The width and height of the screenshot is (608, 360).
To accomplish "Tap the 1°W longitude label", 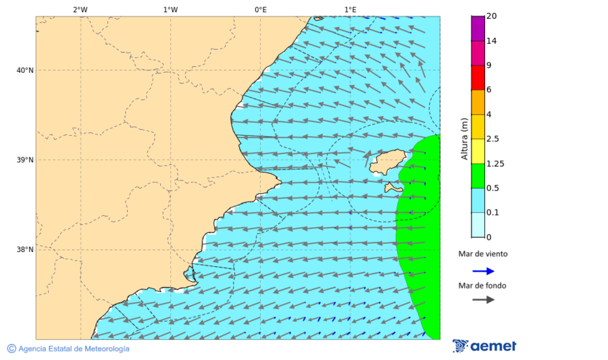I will tap(170, 9).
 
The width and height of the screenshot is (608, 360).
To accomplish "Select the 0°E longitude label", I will tap(260, 9).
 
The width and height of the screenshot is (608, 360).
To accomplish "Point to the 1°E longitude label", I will tap(350, 9).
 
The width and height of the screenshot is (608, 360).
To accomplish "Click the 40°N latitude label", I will tap(24, 70).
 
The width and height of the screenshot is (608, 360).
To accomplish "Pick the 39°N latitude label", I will tap(24, 160).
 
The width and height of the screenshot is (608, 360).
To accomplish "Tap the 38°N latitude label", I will tap(24, 250).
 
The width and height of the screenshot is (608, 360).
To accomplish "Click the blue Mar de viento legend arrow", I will tap(483, 271).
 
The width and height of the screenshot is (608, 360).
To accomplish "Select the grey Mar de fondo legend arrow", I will tap(483, 300).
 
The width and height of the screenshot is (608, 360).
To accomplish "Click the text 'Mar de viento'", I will tap(482, 255).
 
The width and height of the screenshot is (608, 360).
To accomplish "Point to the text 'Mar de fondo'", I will tap(482, 286).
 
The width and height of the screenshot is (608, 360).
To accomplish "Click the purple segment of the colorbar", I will tap(478, 28).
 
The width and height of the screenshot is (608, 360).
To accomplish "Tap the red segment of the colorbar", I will tap(478, 78).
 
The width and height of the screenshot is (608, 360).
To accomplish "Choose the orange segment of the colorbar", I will tap(478, 102).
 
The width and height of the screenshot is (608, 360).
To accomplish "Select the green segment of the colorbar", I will tap(478, 176).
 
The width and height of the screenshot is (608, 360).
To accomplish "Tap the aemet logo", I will tap(484, 346).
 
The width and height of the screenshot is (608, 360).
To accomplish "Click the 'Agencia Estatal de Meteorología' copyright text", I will tap(68, 349).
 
